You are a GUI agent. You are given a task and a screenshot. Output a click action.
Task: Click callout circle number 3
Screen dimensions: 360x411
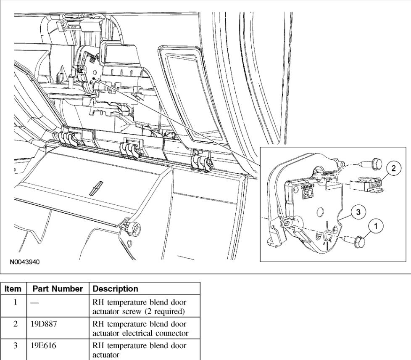[358, 212]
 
